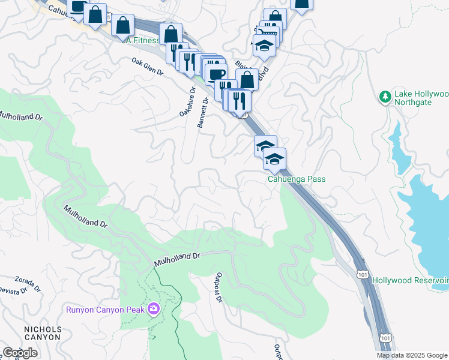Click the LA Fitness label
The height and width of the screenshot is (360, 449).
point(140,40)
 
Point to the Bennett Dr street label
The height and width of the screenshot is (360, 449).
point(203,113)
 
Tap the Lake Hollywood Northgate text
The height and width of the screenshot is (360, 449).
point(421,98)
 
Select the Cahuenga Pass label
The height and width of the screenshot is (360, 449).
point(296,179)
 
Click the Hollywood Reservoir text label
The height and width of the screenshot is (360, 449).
point(410,280)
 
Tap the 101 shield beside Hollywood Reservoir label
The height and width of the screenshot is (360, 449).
point(362,274)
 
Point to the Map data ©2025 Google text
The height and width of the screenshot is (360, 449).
point(412,355)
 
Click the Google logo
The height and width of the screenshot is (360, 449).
point(20,353)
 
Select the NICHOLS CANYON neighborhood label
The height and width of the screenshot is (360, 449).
point(43,333)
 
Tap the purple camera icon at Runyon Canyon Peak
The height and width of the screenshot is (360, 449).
point(154,308)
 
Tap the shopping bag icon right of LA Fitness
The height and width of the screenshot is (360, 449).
point(171,34)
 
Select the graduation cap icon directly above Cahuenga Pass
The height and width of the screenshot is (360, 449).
point(274,159)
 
